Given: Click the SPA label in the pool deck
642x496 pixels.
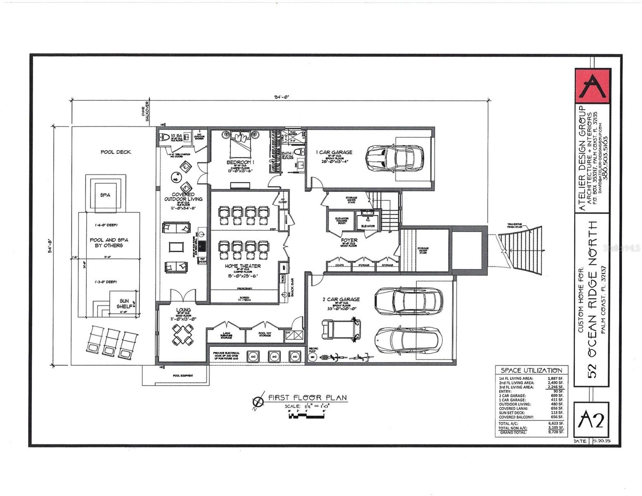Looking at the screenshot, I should (x=105, y=195).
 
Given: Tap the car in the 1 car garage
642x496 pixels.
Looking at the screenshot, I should (x=394, y=159).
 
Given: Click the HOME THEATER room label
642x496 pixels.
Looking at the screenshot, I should (x=243, y=266).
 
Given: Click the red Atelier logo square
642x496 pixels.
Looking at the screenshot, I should (x=592, y=86).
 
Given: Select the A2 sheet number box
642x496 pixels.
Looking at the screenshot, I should (x=592, y=420).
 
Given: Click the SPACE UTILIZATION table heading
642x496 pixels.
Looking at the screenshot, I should (x=531, y=370).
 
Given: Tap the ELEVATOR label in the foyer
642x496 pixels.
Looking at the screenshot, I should (x=368, y=226).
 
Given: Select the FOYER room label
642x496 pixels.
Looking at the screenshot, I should (x=349, y=240).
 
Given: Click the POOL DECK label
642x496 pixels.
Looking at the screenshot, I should (x=116, y=152).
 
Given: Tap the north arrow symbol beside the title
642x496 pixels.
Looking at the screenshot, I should (x=258, y=401).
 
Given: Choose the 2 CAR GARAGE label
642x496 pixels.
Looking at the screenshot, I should (x=341, y=299).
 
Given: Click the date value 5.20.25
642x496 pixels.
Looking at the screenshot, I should (x=601, y=441).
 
